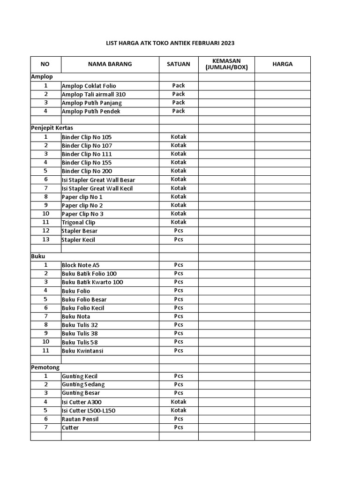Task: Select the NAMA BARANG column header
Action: pyautogui.click(x=110, y=64)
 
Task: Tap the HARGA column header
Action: pyautogui.click(x=282, y=64)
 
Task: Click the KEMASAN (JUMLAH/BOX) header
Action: pyautogui.click(x=226, y=64)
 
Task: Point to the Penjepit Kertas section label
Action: pyautogui.click(x=52, y=127)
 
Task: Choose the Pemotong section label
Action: pyautogui.click(x=45, y=367)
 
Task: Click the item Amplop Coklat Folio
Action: pyautogui.click(x=89, y=86)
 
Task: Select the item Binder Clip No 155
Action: pyautogui.click(x=87, y=163)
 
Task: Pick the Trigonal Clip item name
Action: pyautogui.click(x=78, y=223)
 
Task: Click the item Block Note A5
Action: pyautogui.click(x=81, y=265)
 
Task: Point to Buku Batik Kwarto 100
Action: pyautogui.click(x=92, y=282)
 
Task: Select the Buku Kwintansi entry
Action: pyautogui.click(x=82, y=351)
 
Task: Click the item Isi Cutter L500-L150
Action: pyautogui.click(x=89, y=411)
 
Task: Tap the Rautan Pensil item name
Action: pyautogui.click(x=80, y=419)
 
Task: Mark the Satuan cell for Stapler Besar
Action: pyautogui.click(x=179, y=231)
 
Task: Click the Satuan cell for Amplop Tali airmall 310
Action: pyautogui.click(x=179, y=94)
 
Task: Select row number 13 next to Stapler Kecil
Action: pyautogui.click(x=46, y=240)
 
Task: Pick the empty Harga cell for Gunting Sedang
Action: pyautogui.click(x=282, y=384)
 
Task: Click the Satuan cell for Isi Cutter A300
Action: pyautogui.click(x=179, y=402)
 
